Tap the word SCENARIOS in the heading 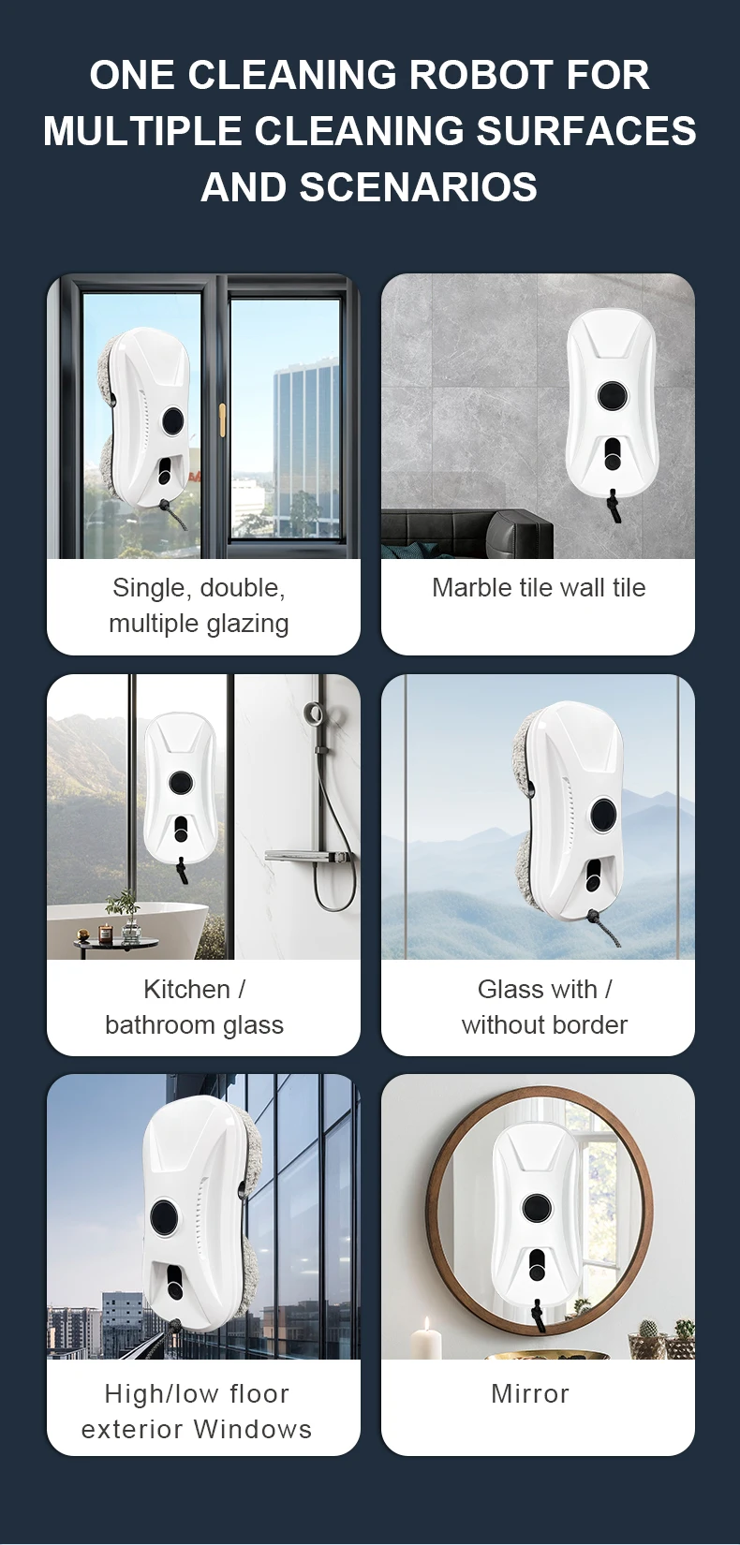[x=419, y=187]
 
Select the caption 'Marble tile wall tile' [x=539, y=588]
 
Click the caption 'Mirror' [x=530, y=1394]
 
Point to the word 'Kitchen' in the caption [x=186, y=989]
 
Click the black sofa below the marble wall [x=467, y=534]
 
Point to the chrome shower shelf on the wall [x=312, y=857]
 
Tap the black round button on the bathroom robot [x=181, y=782]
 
